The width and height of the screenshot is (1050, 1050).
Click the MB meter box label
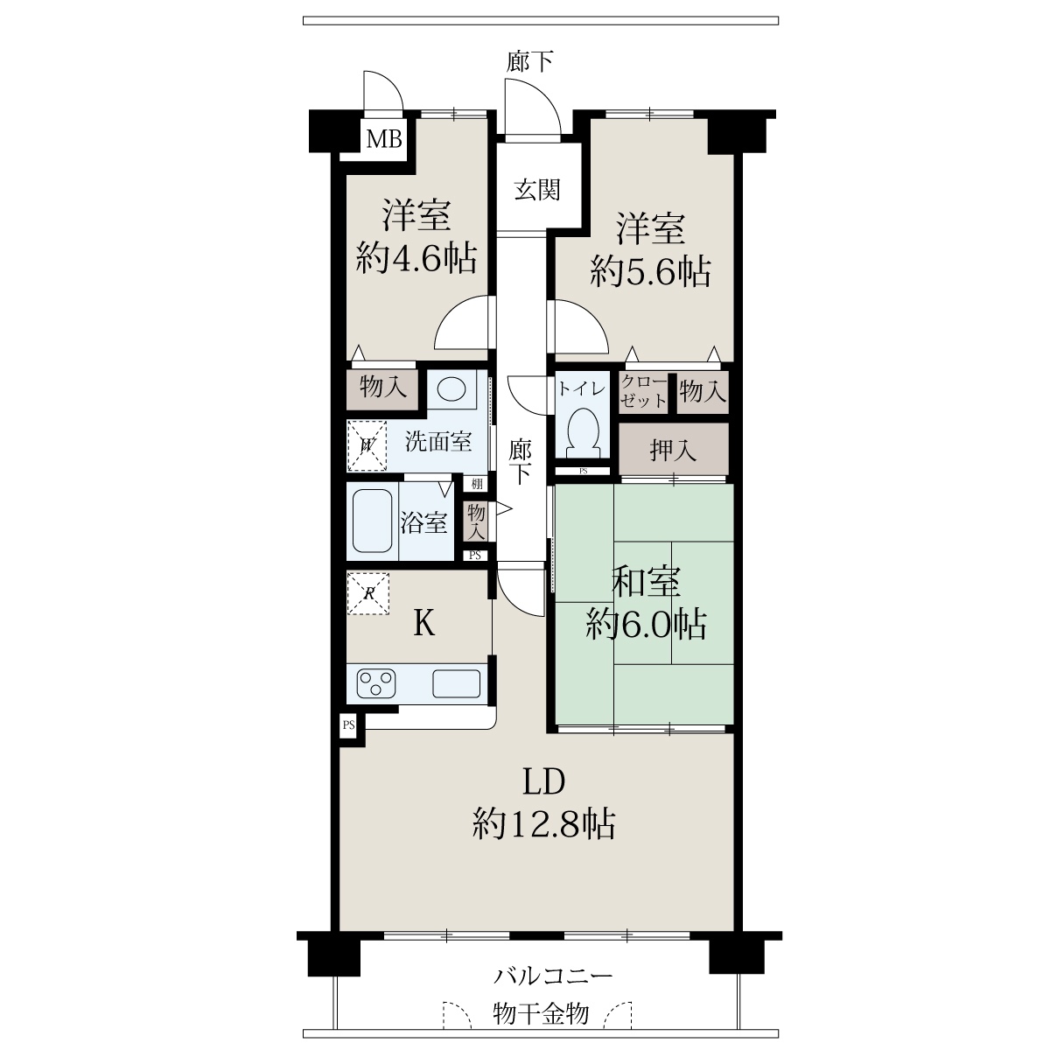tap(383, 139)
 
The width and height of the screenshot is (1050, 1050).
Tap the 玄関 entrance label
tap(537, 190)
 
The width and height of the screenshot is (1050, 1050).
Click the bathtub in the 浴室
tap(372, 521)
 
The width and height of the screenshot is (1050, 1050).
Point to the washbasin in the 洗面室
tap(451, 389)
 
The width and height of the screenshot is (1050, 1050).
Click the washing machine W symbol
tap(367, 445)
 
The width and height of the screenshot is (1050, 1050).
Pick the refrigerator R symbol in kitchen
tap(368, 593)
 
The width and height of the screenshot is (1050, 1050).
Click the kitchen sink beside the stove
tap(457, 682)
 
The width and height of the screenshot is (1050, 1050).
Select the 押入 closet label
tap(673, 451)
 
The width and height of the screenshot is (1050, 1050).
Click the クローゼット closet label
tap(643, 391)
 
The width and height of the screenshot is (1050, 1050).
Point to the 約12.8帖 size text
tap(543, 824)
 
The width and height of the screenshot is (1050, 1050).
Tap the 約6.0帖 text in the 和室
tap(647, 625)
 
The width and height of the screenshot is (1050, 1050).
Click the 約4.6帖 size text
tap(416, 258)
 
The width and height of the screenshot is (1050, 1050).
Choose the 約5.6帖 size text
tap(650, 271)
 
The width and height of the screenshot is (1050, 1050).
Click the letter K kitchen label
tap(423, 623)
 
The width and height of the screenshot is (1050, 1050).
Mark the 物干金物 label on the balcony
tap(541, 1013)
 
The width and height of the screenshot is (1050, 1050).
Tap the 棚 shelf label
tap(477, 483)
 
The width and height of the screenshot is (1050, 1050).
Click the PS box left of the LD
tap(349, 725)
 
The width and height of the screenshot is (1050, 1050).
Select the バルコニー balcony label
tap(553, 975)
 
